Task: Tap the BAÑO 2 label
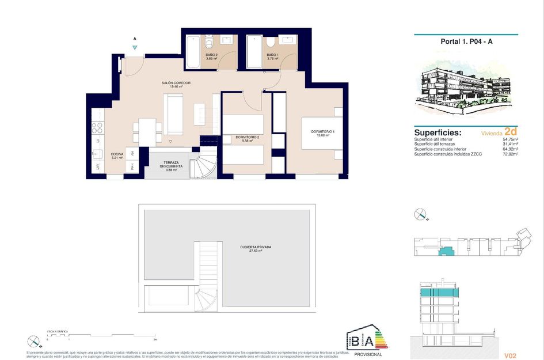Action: (211, 56)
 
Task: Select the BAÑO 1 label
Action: (272, 56)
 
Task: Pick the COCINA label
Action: (117, 156)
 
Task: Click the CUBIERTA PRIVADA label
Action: (256, 248)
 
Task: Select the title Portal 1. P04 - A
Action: (466, 41)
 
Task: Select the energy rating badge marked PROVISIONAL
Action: (366, 342)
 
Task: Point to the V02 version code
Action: (509, 355)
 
